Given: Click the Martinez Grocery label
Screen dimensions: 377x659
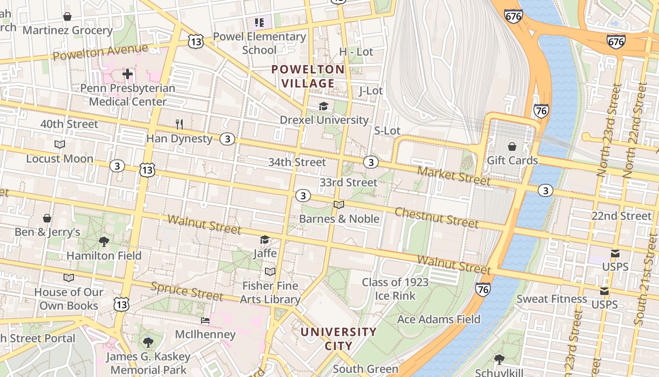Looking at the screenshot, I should point(67,31).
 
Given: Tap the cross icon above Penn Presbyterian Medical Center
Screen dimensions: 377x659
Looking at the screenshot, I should point(128,74).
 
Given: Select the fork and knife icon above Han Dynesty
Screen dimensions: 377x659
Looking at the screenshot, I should point(179,124).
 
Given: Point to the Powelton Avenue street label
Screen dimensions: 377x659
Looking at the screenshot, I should point(100,52).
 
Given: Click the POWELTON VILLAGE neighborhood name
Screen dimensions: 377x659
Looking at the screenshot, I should point(308,76).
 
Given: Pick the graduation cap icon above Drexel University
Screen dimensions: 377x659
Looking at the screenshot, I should point(323,107).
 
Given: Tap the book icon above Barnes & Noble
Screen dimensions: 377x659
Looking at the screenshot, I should point(339,205).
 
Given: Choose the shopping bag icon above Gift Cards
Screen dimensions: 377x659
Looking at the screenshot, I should point(512,147).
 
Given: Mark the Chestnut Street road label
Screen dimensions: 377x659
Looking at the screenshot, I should point(436,217).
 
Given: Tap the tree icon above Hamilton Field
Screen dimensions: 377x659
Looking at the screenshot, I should point(104,242).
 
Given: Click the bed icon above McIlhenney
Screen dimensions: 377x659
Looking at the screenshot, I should point(205,320).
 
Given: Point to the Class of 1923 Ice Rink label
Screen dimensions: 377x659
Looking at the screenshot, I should point(395,289).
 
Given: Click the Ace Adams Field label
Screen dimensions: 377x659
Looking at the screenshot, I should point(439,320).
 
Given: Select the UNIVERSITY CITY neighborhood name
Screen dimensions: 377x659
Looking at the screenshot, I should point(338,338).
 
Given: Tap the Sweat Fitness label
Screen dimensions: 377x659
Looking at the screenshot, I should point(552,299).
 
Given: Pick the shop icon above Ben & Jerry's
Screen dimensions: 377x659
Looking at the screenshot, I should point(47,218).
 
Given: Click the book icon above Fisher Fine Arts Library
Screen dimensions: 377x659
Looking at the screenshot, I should point(270,272).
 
